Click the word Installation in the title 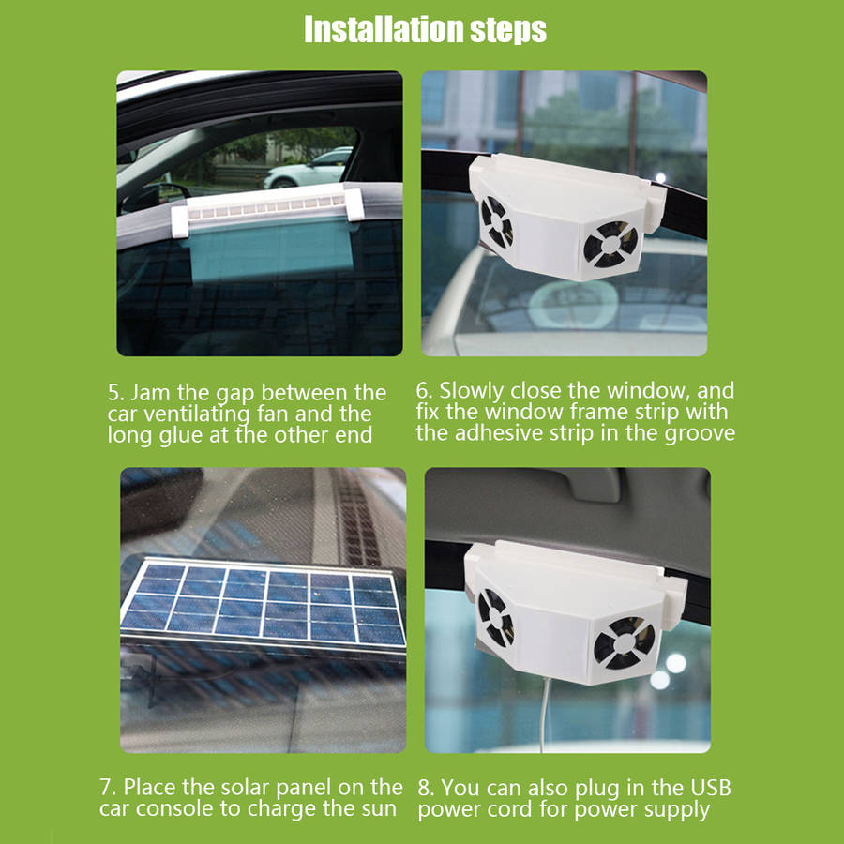pos(384,29)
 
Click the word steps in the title pos(508,31)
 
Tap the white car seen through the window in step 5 pos(309,168)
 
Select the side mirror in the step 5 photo pos(155,197)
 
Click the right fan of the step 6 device pos(610,245)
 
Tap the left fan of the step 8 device pos(495,617)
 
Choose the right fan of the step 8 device pos(624,642)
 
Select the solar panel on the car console pos(263,603)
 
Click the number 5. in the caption pos(115,392)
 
